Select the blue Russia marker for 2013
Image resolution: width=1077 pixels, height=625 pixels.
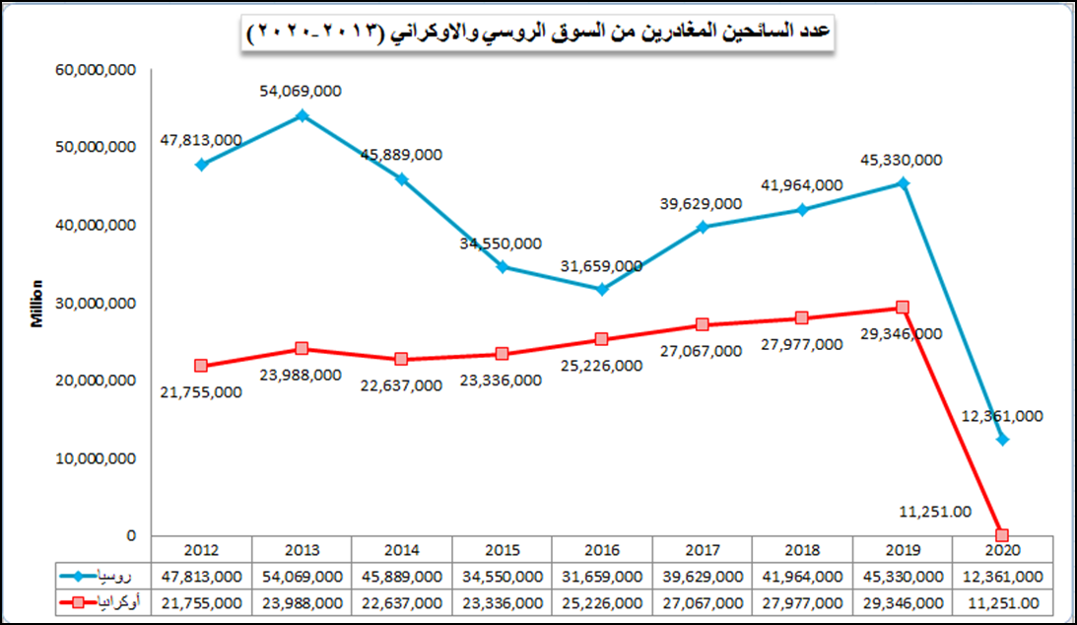point(302,115)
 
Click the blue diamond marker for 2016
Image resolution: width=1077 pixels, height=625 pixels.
point(602,289)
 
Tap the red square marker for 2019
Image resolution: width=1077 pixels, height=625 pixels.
point(903,308)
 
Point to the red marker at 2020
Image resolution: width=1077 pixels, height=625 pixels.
point(1002,534)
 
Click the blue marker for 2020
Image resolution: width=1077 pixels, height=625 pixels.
point(1003,440)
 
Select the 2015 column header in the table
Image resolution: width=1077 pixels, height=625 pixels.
point(502,550)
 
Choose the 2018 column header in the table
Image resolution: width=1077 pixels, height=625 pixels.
point(802,550)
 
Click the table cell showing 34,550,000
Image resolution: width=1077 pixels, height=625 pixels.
point(502,576)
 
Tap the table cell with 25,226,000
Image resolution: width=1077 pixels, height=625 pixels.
point(602,601)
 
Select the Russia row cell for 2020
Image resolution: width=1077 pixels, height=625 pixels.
point(1002,576)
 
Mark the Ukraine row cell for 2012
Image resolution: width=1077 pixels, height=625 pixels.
point(201,601)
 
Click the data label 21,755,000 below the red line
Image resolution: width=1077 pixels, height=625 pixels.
point(200,391)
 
